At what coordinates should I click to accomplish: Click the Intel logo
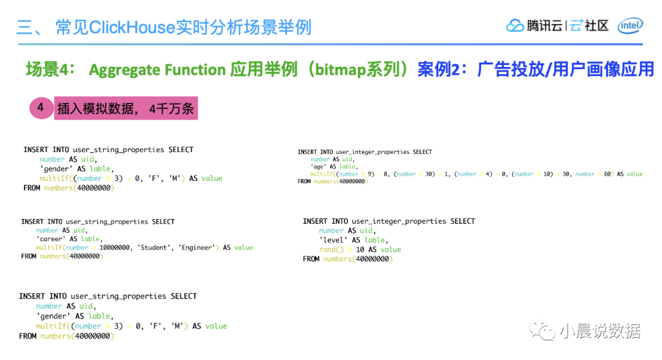(x=630, y=25)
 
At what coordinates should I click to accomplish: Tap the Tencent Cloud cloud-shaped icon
(x=515, y=26)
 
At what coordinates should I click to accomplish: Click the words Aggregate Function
(x=157, y=70)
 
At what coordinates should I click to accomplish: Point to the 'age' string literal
(x=319, y=166)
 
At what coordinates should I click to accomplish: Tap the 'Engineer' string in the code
(x=198, y=248)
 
